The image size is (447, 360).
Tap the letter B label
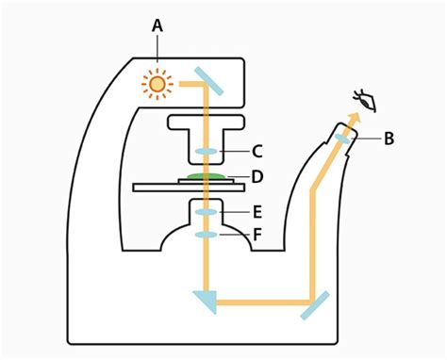[389, 139]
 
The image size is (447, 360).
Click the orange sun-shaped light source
[157, 85]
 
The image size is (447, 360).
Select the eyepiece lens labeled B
[342, 139]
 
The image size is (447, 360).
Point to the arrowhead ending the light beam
[353, 116]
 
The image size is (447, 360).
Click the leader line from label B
[367, 139]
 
